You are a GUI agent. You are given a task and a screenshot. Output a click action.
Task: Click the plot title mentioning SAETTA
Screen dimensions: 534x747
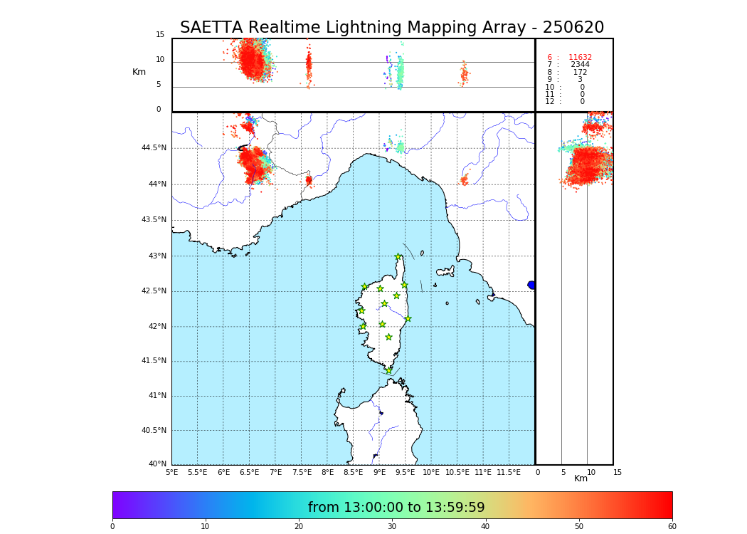click(392, 28)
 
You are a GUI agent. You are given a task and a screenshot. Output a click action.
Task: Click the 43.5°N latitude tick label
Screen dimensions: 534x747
click(154, 220)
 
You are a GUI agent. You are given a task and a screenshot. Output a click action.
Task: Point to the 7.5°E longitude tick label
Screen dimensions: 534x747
click(302, 473)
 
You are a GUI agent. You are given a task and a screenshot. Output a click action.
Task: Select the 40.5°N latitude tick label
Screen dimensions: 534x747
click(154, 431)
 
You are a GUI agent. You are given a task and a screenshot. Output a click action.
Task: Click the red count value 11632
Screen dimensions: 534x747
click(580, 58)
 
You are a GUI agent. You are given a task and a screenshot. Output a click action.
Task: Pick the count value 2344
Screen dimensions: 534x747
click(580, 65)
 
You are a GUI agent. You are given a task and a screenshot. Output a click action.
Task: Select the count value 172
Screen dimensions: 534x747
click(580, 73)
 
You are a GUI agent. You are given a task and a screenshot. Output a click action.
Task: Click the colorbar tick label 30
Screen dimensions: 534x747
click(392, 527)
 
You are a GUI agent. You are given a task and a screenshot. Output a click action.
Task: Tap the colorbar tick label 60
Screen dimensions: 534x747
click(672, 527)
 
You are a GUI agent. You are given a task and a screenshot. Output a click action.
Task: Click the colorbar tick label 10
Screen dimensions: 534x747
click(205, 527)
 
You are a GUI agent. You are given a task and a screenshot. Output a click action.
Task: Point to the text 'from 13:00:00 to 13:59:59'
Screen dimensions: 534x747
click(396, 508)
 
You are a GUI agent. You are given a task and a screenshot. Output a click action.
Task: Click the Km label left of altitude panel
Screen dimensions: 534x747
click(139, 72)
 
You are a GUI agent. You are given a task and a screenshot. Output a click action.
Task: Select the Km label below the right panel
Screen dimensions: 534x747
click(581, 479)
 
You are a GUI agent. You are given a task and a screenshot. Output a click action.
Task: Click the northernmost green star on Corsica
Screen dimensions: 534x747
click(398, 257)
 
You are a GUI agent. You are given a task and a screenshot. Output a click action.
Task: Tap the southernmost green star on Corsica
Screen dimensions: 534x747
click(388, 370)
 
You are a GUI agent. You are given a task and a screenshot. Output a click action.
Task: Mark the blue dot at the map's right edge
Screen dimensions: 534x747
click(531, 285)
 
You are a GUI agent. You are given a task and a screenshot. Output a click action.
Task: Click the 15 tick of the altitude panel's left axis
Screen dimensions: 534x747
click(160, 35)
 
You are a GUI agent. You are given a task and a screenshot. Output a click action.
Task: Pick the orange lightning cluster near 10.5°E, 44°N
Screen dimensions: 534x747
click(464, 180)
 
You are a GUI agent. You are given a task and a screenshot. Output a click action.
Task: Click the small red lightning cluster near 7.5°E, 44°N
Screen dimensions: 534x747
click(308, 180)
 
